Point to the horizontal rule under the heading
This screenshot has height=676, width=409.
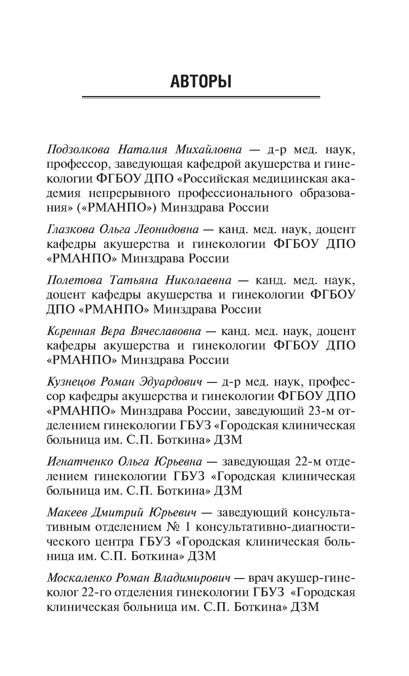(201, 97)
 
